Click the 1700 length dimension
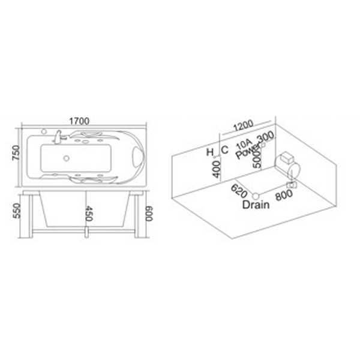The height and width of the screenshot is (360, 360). pyautogui.click(x=79, y=121)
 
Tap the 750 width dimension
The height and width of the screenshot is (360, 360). pyautogui.click(x=17, y=152)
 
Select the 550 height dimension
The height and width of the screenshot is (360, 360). pyautogui.click(x=17, y=211)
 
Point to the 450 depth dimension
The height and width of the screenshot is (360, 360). pyautogui.click(x=89, y=214)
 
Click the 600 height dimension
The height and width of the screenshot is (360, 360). pyautogui.click(x=149, y=214)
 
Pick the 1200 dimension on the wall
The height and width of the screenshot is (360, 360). pyautogui.click(x=244, y=125)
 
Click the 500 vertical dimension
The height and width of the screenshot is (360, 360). pyautogui.click(x=257, y=160)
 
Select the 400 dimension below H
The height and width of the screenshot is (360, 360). pyautogui.click(x=216, y=169)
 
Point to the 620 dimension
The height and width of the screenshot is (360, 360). pyautogui.click(x=239, y=191)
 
